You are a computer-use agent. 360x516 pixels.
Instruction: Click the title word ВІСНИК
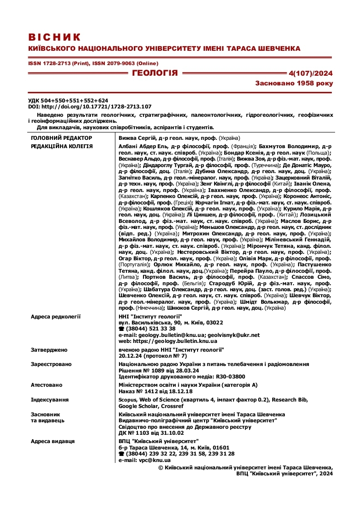[54, 37]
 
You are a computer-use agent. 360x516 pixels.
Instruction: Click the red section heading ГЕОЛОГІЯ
[155, 73]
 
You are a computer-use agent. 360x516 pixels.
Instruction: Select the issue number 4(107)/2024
[310, 73]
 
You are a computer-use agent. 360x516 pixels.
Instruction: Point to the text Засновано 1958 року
[294, 84]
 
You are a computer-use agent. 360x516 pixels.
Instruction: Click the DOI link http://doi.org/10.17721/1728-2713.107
[96, 106]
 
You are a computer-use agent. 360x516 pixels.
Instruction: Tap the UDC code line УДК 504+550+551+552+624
[68, 100]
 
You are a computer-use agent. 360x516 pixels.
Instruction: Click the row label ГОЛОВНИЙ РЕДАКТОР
[61, 138]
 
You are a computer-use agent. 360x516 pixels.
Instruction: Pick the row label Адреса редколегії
[56, 317]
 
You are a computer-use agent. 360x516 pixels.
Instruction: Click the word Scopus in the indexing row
[128, 400]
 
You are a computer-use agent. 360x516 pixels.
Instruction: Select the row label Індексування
[50, 400]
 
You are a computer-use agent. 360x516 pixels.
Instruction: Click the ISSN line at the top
[93, 63]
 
